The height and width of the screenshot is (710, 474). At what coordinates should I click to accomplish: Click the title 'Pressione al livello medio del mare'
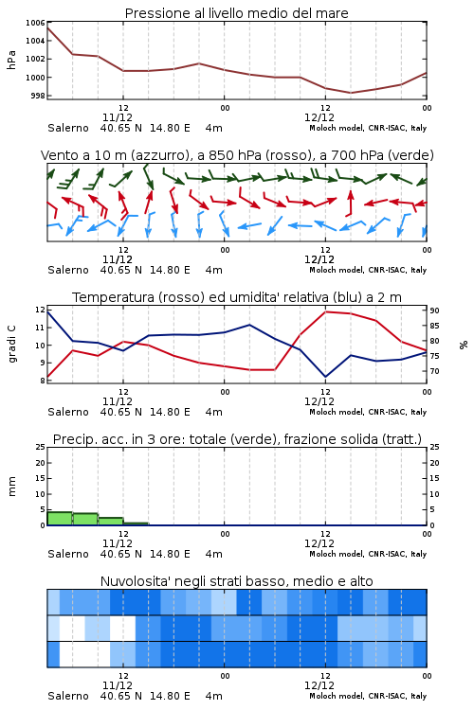click(236, 13)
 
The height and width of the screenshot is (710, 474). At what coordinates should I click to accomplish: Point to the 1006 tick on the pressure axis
click(35, 23)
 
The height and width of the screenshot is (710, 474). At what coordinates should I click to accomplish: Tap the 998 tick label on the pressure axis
click(38, 96)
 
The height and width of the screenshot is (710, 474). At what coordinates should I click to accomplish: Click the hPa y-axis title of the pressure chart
click(11, 60)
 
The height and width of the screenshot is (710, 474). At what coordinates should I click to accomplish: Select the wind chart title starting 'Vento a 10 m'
click(237, 155)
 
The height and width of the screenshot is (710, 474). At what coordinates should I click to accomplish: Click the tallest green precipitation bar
click(60, 519)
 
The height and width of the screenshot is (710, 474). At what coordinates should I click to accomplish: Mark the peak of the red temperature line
click(326, 311)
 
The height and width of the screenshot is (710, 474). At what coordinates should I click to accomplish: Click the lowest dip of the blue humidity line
click(326, 377)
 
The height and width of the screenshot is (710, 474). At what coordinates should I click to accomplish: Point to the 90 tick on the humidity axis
click(434, 311)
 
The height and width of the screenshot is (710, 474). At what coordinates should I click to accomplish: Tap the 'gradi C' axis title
click(11, 345)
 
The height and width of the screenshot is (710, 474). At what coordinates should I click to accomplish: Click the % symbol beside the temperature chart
click(464, 345)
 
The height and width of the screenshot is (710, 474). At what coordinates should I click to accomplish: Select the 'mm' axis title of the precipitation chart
click(11, 487)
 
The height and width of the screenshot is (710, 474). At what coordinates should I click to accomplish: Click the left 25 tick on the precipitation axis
click(41, 447)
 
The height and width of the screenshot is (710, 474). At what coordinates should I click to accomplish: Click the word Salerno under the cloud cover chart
click(68, 696)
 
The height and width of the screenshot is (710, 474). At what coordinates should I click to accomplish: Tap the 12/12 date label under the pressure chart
click(319, 117)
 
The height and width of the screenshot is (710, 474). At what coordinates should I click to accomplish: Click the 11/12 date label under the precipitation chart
click(118, 543)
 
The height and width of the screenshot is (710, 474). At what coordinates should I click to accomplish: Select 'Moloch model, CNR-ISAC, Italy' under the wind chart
click(368, 270)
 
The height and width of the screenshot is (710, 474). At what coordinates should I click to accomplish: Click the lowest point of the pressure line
click(351, 93)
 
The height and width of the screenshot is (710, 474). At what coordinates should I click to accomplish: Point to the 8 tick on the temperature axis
click(43, 381)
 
